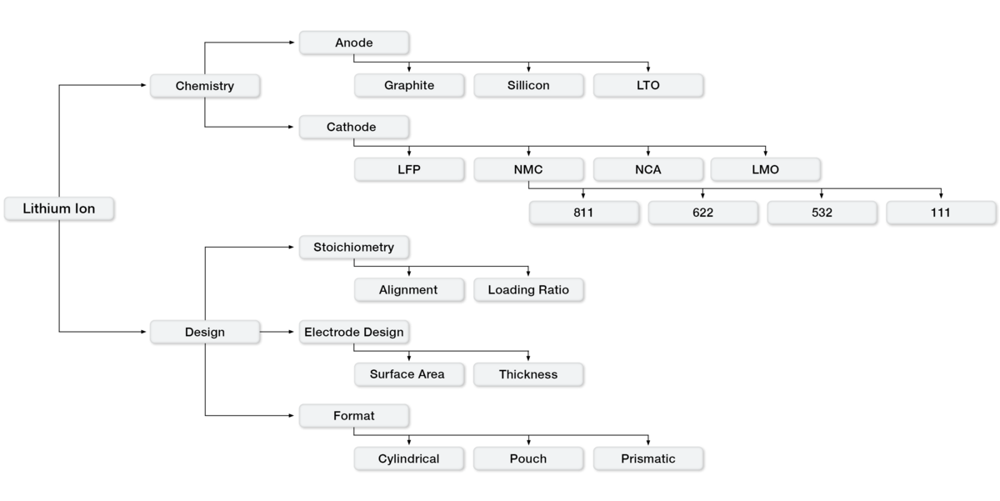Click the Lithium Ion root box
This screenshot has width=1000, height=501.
58,208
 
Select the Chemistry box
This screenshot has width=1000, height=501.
204,86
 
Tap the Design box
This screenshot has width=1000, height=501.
204,332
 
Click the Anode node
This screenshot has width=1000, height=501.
353,43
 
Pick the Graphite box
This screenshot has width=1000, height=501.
408,85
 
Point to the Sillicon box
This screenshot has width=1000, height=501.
528,85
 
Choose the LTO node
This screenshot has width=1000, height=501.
647,85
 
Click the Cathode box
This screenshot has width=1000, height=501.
353,128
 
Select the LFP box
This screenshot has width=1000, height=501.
408,170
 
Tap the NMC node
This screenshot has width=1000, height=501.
528,170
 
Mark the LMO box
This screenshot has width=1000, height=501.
765,170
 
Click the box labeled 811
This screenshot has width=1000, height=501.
583,213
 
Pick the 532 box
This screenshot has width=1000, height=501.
822,213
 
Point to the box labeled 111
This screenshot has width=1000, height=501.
940,213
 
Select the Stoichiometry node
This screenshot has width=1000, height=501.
353,247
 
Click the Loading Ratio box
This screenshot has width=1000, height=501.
528,290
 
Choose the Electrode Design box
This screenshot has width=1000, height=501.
353,332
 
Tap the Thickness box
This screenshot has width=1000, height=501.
527,374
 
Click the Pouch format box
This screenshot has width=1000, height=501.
527,458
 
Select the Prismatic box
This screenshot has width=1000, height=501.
647,458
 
